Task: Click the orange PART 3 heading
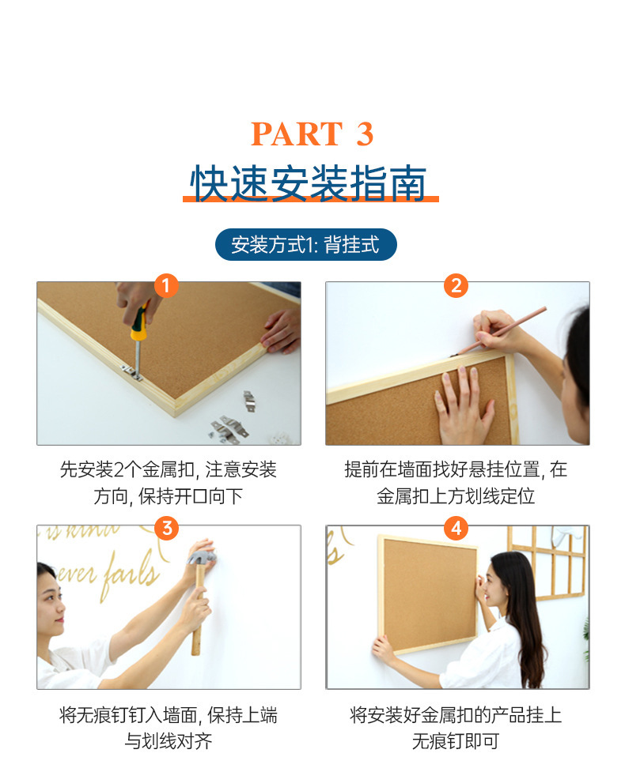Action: tap(312, 134)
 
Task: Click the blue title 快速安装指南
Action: tap(309, 183)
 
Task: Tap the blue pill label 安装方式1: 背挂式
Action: tap(305, 245)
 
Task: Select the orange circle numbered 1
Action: tap(166, 285)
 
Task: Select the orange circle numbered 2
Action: tap(456, 285)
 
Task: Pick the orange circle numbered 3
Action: tap(167, 529)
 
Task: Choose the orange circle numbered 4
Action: tap(456, 529)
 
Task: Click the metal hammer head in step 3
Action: tap(202, 558)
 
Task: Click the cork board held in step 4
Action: tap(427, 594)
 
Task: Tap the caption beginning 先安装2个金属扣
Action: tap(168, 483)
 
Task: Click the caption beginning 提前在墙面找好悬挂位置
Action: tap(456, 483)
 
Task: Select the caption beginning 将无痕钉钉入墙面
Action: tap(168, 728)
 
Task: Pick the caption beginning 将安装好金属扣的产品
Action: tap(456, 728)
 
